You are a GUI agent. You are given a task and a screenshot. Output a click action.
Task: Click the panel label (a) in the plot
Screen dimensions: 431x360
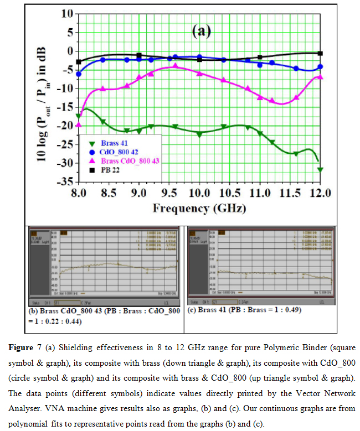202,31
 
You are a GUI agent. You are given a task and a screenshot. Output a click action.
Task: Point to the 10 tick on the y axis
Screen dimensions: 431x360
68,13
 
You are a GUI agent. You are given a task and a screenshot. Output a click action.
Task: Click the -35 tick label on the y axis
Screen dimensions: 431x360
65,181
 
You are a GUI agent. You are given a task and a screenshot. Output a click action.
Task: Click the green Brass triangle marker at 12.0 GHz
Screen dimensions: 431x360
320,169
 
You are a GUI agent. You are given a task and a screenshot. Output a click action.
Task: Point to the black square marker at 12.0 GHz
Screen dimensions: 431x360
320,53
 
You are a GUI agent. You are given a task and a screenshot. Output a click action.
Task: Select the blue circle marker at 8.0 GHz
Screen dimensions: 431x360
79,74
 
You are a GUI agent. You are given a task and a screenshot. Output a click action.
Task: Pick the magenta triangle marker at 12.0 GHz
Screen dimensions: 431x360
320,77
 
